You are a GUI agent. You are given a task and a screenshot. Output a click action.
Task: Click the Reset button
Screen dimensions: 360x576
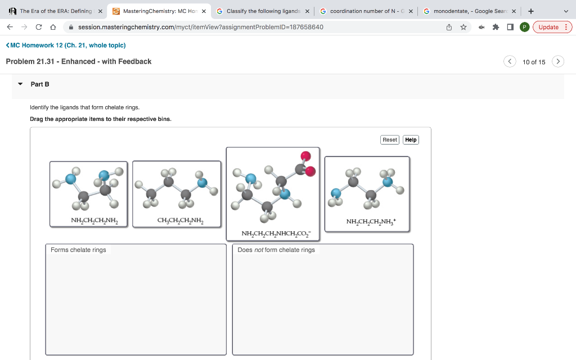click(390, 139)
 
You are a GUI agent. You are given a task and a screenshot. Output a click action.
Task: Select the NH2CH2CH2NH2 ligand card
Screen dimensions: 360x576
click(89, 193)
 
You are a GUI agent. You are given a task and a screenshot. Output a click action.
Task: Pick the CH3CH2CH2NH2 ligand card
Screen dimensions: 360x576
click(177, 193)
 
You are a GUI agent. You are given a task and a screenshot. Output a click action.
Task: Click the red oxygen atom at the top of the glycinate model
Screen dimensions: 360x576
click(305, 156)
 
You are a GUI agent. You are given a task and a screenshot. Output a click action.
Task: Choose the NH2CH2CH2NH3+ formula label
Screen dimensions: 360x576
click(371, 222)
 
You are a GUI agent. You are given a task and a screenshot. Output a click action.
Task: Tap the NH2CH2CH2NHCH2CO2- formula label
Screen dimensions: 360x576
click(272, 233)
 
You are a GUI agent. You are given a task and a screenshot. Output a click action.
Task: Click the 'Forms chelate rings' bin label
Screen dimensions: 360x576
click(78, 250)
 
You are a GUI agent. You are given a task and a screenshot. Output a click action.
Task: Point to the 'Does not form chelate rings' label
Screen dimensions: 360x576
click(276, 250)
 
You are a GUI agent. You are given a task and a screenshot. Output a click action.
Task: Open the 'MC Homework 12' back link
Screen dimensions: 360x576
click(65, 45)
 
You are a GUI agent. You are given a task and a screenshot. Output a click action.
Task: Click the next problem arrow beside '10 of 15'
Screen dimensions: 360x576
click(557, 61)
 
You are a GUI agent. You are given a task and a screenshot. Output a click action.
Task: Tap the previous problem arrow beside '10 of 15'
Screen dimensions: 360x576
click(510, 61)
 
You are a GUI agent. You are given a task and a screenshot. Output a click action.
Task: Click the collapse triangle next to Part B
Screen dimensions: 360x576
click(20, 84)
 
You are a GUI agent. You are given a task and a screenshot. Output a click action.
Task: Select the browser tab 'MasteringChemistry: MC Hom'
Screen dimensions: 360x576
click(157, 11)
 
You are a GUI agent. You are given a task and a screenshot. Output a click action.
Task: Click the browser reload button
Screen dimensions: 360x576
click(38, 27)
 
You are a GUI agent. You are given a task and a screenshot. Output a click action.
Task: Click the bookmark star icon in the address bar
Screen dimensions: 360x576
click(463, 27)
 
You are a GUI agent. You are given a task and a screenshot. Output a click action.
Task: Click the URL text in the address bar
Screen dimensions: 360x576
click(200, 27)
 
